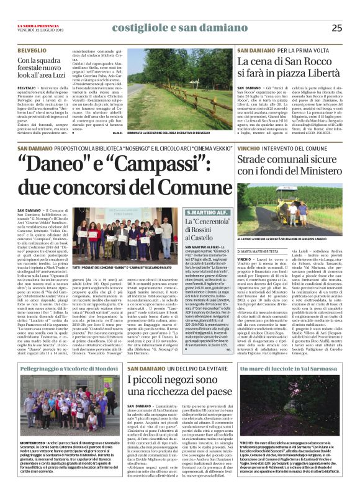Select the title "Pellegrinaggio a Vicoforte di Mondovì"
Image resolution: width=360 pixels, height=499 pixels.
(x=66, y=370)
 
